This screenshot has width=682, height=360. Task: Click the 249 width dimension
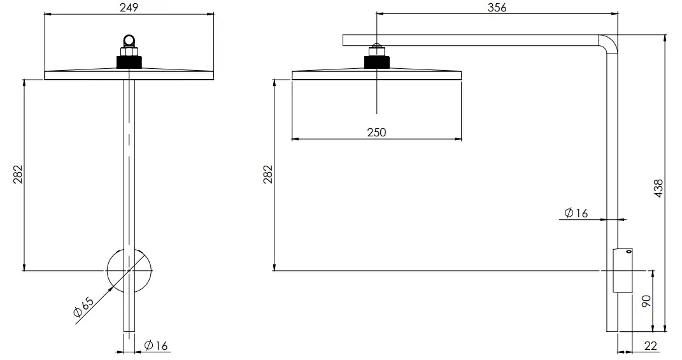tap(129, 7)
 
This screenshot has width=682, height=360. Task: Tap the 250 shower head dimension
tap(376, 132)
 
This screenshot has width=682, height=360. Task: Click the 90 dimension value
tap(646, 301)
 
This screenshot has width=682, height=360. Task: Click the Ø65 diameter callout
tap(83, 308)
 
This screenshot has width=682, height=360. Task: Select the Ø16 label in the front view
tap(155, 346)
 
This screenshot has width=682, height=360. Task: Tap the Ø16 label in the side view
tap(576, 213)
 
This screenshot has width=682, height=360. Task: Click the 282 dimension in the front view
tap(17, 174)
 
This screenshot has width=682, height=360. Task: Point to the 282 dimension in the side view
tap(267, 174)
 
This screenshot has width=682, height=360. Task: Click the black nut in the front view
tap(129, 62)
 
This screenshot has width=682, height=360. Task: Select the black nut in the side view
tap(376, 62)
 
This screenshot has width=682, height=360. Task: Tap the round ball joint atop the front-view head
tap(129, 41)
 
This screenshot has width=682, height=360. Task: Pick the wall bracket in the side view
tap(622, 271)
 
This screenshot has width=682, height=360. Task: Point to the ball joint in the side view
tap(376, 48)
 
